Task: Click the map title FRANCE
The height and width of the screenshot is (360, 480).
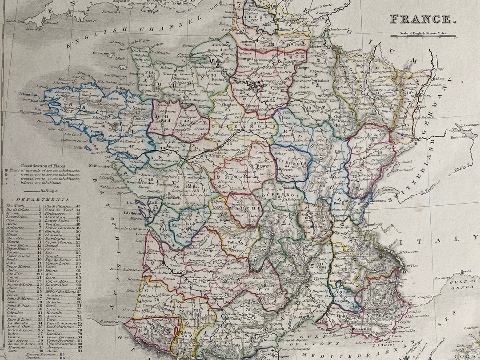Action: pos(420,19)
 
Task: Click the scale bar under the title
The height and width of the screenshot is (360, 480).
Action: pos(423,36)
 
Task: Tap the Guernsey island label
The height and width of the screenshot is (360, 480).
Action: pos(101,53)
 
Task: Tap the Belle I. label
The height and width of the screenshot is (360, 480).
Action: pos(80,146)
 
